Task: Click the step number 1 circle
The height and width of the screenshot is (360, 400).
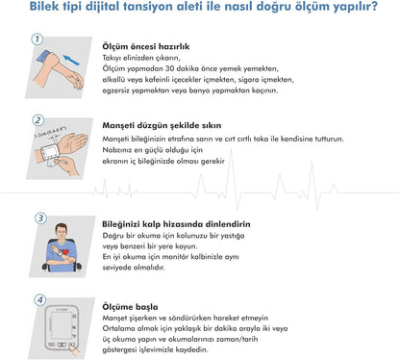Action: (x=37, y=39)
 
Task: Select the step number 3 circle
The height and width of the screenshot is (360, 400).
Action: (x=39, y=219)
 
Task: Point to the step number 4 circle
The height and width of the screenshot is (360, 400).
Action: (x=39, y=299)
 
